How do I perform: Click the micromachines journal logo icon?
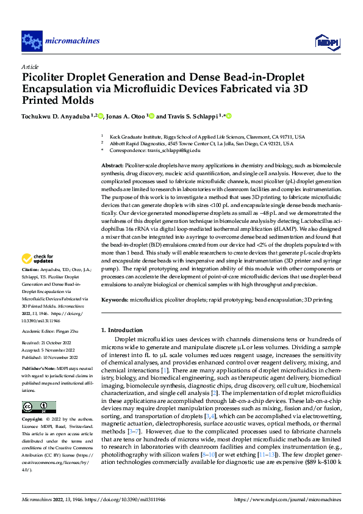pos(32,41)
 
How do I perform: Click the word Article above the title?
pos(30,67)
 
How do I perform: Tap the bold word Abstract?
pos(112,166)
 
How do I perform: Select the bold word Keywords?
pos(114,300)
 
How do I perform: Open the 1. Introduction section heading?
pos(124,330)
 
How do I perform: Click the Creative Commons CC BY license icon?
pos(38,407)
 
